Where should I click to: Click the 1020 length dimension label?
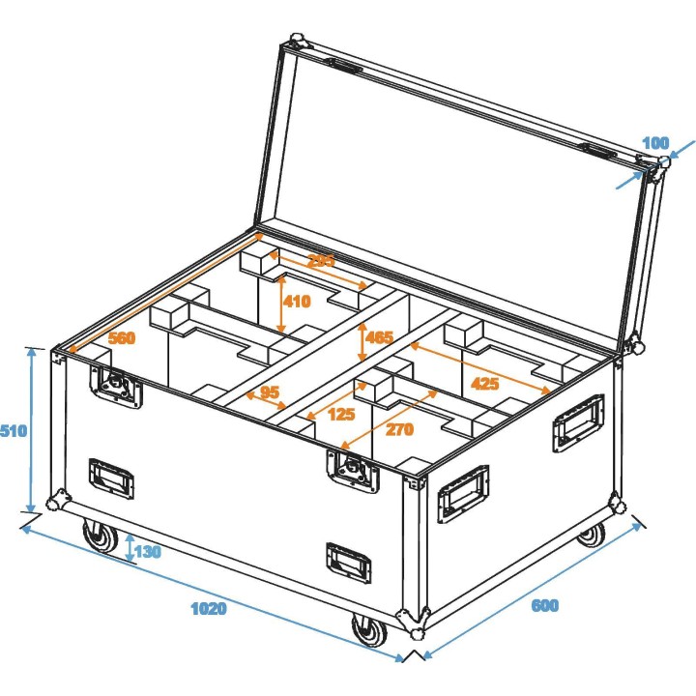(208, 608)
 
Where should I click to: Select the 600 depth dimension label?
(544, 606)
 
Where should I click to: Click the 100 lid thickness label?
(654, 143)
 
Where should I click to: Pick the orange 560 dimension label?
(121, 338)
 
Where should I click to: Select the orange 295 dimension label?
(321, 260)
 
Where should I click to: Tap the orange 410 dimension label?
(296, 301)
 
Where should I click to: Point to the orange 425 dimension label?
(484, 384)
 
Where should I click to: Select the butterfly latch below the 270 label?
(351, 471)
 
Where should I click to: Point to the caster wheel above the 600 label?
(591, 534)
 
